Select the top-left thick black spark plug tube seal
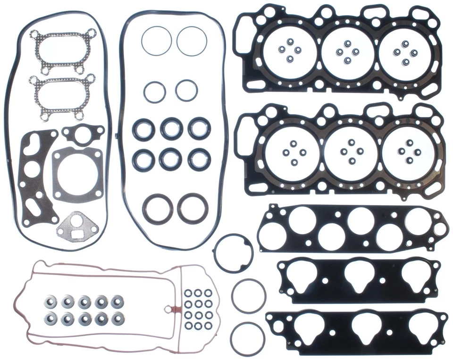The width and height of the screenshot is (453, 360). (x=143, y=128)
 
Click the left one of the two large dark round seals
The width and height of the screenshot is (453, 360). (x=158, y=208)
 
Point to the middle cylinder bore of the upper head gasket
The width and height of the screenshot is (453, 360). (x=347, y=52)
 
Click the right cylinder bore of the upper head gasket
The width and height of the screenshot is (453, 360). (x=405, y=52)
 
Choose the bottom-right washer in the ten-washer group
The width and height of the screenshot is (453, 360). (x=116, y=319)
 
